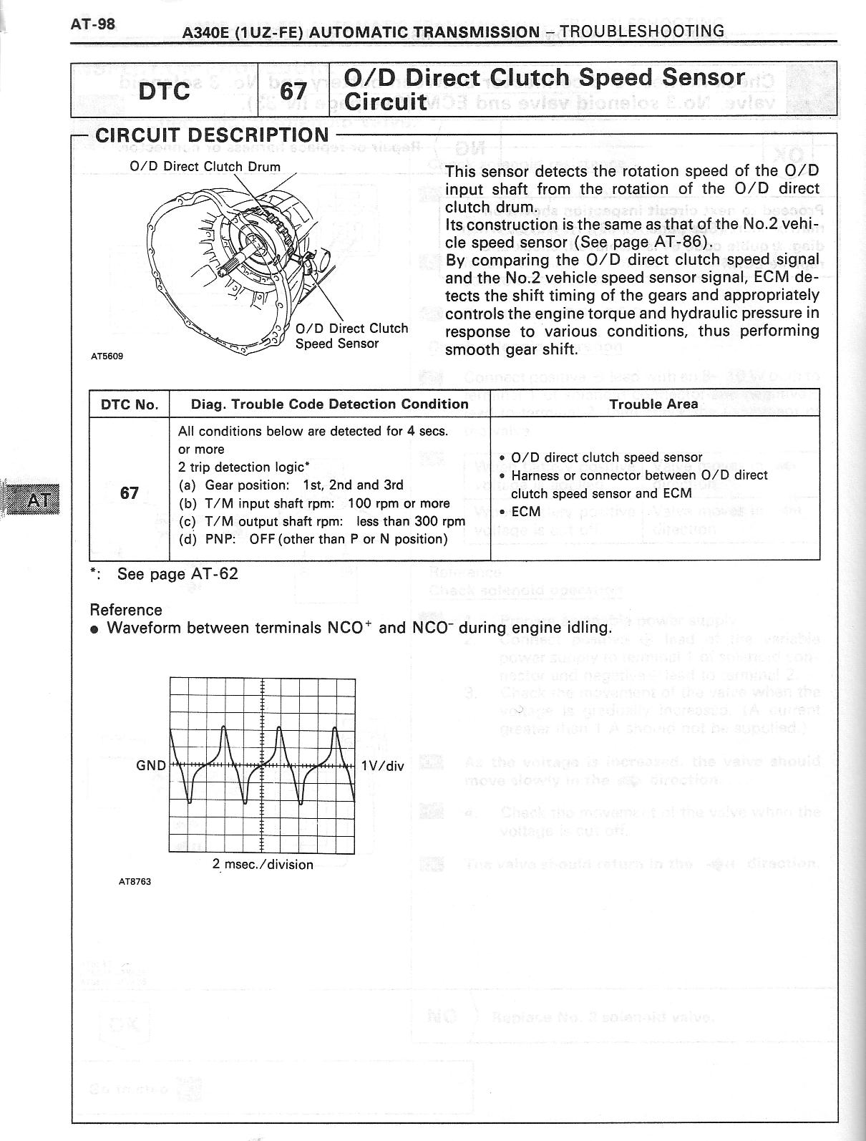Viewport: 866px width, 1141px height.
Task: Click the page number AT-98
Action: (93, 24)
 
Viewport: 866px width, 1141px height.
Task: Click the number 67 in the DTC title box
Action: (293, 92)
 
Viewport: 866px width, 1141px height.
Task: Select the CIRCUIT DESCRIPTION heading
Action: (212, 135)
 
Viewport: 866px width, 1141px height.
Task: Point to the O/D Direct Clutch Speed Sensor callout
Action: (351, 336)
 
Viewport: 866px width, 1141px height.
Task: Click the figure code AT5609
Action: (107, 356)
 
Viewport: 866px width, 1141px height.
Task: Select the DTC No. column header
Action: (130, 404)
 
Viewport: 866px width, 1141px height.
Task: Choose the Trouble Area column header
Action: (653, 404)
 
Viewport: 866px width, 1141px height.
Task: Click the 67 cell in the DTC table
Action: (130, 492)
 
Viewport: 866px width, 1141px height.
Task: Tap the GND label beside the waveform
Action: (151, 766)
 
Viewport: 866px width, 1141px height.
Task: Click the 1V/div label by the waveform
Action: (383, 766)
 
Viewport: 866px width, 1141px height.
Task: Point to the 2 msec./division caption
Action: (263, 864)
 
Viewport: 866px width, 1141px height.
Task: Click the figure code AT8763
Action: (135, 881)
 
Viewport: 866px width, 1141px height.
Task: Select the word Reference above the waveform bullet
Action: (126, 610)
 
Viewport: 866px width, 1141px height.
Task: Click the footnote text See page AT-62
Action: (177, 574)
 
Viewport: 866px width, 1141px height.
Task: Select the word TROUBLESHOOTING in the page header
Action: (641, 31)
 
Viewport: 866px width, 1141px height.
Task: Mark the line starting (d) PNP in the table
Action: (313, 538)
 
